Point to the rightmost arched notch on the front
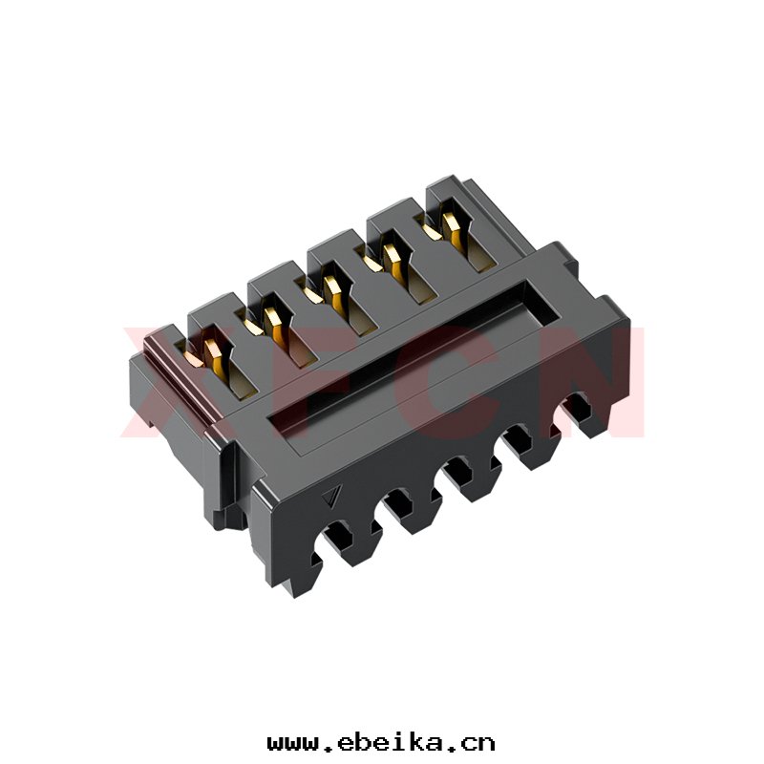click(580, 411)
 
